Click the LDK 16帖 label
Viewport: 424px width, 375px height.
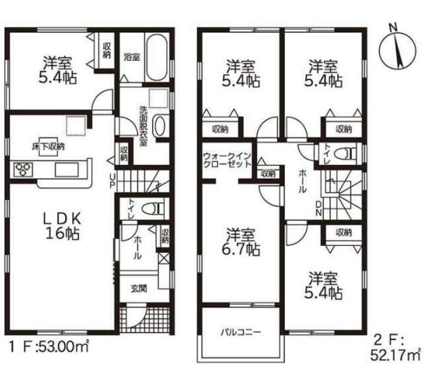[62, 226]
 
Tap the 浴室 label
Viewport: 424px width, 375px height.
[131, 57]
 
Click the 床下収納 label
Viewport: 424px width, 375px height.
[48, 147]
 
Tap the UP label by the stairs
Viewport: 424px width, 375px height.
[112, 181]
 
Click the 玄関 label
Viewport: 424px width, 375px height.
[139, 289]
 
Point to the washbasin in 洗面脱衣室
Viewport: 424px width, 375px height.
[159, 127]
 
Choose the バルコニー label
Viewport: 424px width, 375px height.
[240, 332]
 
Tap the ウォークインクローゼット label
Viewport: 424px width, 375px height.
[227, 161]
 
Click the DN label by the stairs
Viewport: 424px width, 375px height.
[319, 208]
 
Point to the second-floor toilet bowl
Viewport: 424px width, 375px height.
[345, 154]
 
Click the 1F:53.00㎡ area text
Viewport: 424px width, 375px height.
[48, 347]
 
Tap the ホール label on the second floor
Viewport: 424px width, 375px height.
[302, 181]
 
